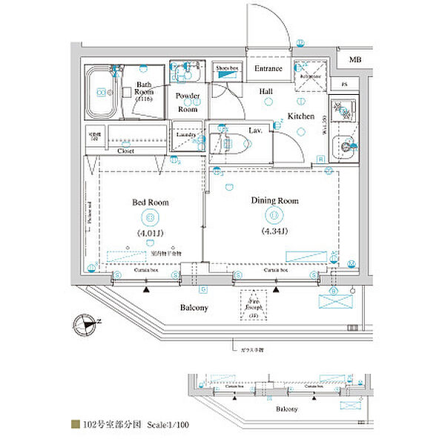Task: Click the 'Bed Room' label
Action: (x=151, y=202)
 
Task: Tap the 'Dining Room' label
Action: (x=274, y=200)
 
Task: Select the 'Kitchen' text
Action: (x=301, y=116)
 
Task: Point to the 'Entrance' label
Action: (x=268, y=69)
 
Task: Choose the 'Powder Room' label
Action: (x=188, y=102)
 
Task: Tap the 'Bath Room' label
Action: (x=144, y=89)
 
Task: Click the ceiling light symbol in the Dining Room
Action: (x=274, y=215)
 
